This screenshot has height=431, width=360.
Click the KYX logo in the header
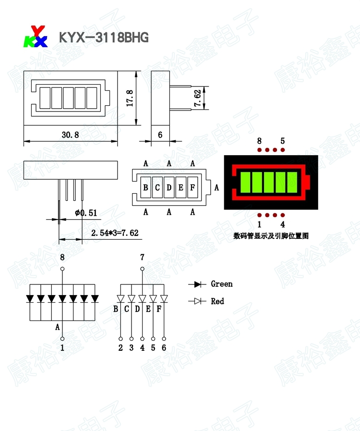click(x=36, y=37)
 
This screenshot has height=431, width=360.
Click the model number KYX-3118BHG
click(x=104, y=37)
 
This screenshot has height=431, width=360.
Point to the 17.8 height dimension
click(x=130, y=98)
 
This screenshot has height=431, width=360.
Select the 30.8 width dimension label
click(x=70, y=135)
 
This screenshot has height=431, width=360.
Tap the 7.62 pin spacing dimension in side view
click(x=198, y=98)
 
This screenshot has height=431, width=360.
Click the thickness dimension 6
click(x=160, y=135)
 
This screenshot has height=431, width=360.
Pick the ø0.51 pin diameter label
click(x=86, y=213)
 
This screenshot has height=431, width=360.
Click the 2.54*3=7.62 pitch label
click(x=115, y=233)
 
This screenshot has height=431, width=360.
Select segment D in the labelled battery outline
click(x=169, y=187)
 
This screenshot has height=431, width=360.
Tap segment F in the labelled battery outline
click(x=192, y=187)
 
